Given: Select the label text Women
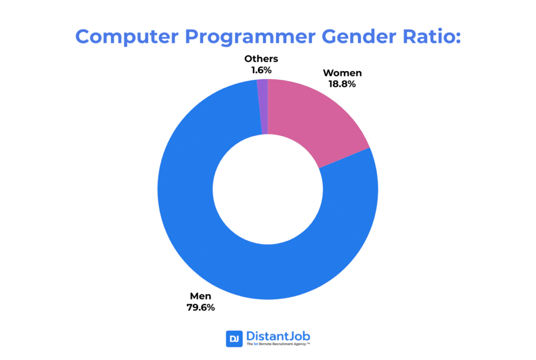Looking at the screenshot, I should point(342,73).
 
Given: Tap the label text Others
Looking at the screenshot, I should point(261,59).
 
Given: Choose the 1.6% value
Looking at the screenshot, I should point(261,70).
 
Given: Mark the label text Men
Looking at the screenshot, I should point(201,296).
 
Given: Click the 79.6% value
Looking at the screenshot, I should point(201,307).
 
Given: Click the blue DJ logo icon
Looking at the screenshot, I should point(234,339).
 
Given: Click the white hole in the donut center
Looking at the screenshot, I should point(267,189).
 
